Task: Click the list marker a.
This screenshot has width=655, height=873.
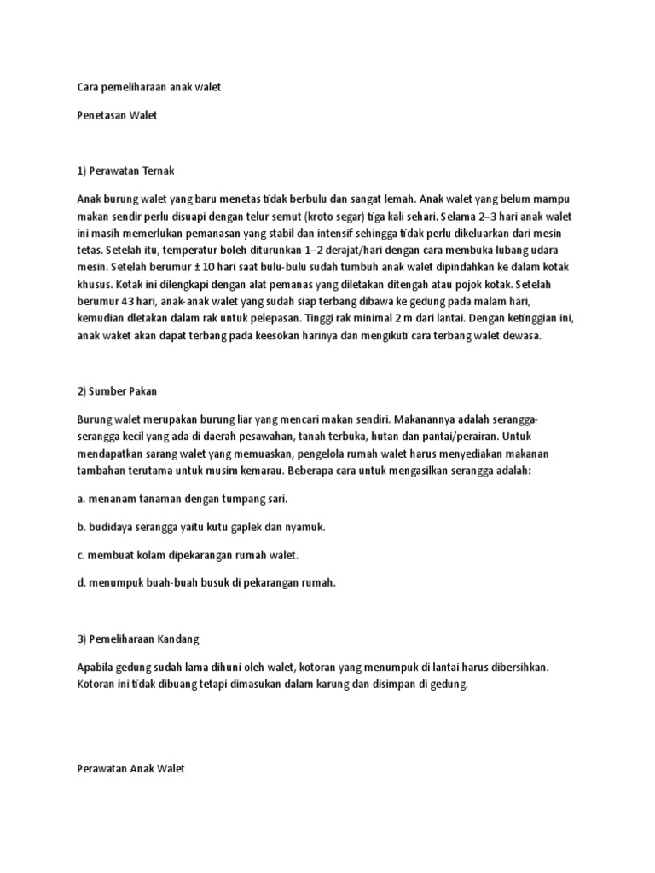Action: click(x=80, y=499)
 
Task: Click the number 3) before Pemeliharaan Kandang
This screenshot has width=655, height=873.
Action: click(x=83, y=638)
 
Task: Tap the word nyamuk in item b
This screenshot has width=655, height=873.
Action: click(x=304, y=527)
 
